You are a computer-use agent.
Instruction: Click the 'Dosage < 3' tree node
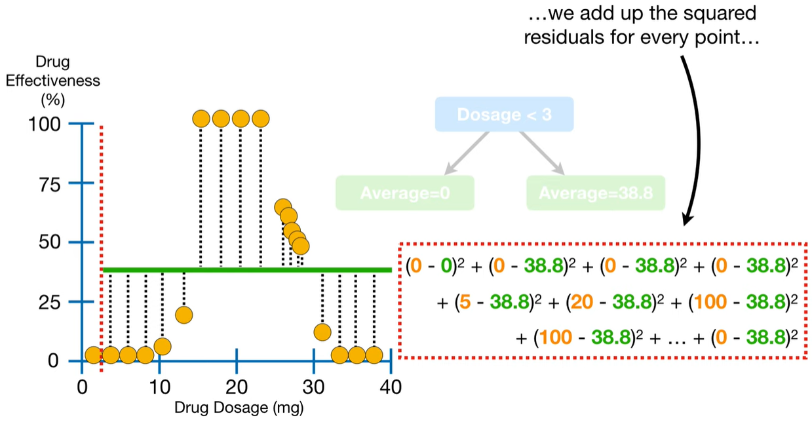[x=504, y=115]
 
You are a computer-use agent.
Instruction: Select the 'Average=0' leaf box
[x=404, y=193]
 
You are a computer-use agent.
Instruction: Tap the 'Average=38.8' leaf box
[x=595, y=193]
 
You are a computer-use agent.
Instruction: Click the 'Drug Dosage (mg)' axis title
[x=239, y=407]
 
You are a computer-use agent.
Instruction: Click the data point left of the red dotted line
[x=93, y=355]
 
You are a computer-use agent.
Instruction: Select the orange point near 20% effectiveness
[x=184, y=315]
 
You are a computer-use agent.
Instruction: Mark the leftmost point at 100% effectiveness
[x=201, y=119]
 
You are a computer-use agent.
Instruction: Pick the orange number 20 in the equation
[x=581, y=303]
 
